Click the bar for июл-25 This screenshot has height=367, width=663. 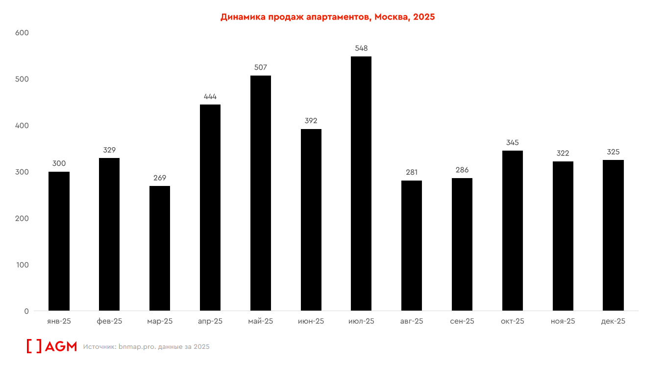coord(361,183)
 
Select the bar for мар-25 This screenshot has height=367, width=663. coord(160,248)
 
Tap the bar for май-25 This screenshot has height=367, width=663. coord(261,193)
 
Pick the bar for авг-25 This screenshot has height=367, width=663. coord(412,245)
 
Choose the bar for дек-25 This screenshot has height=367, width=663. coord(613,235)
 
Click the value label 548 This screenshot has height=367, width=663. coord(361,48)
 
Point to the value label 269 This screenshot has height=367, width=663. coord(160,178)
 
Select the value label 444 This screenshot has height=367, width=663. coord(210,96)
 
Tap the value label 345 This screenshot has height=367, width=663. coord(513,142)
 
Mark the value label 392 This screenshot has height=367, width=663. coord(311,121)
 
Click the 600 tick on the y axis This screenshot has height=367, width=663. coord(23,33)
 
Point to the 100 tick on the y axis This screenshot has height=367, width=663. coord(23,265)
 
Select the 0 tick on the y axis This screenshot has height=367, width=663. coord(26,311)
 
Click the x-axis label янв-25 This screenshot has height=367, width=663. coord(59,321)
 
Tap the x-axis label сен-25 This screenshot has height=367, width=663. coord(462,321)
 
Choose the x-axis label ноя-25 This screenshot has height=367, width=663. coord(563,321)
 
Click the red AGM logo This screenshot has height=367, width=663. coord(51,346)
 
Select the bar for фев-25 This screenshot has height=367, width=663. coord(109,234)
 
